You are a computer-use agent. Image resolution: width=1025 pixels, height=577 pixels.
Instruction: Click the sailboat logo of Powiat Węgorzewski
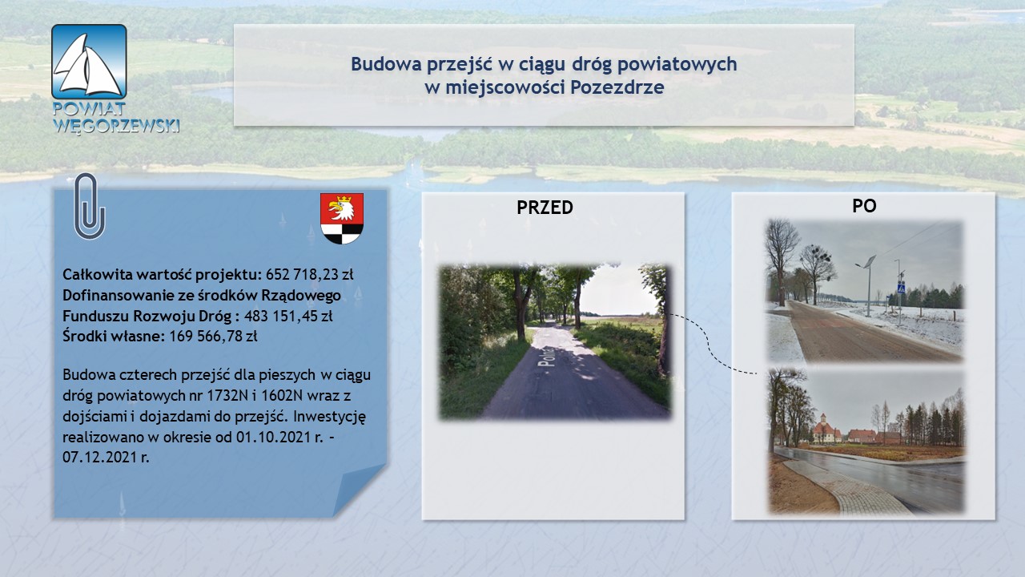tap(89, 62)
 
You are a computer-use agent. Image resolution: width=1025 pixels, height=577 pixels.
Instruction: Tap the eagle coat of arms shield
tap(342, 219)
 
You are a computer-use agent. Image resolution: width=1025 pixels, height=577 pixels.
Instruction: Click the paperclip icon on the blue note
tap(89, 206)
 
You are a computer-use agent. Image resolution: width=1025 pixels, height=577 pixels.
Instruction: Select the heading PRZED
tap(545, 208)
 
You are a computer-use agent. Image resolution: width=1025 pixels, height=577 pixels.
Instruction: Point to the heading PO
tap(864, 206)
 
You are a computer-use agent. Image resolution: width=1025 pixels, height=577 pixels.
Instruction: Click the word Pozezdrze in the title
tap(617, 87)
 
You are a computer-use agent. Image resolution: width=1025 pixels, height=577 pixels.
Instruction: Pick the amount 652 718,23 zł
tap(309, 274)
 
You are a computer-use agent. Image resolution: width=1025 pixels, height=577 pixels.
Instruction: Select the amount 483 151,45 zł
tap(288, 316)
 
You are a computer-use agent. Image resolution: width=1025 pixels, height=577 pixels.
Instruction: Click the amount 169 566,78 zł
tap(213, 336)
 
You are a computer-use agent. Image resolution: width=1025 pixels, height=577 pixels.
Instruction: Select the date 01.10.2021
tap(274, 437)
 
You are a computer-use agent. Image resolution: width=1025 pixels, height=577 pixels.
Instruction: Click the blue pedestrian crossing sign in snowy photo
tap(901, 289)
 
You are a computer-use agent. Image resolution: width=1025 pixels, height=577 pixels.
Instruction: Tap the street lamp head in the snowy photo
tap(868, 262)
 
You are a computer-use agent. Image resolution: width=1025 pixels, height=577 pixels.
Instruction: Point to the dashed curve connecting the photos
tap(709, 344)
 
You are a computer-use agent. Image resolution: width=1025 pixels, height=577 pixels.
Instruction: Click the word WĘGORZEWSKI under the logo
tap(116, 126)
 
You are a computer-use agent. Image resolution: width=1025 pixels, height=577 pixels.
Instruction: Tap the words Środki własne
tap(114, 336)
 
